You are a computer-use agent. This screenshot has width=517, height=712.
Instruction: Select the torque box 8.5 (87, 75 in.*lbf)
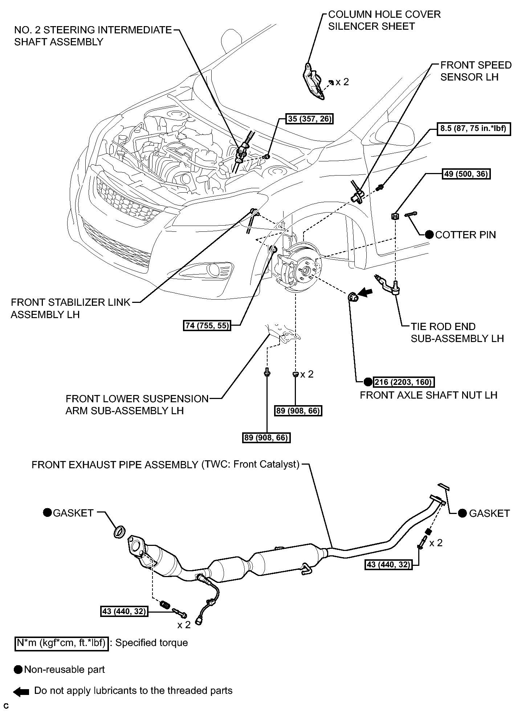[x=473, y=129]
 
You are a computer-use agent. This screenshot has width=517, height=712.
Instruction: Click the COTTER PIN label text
[x=465, y=235]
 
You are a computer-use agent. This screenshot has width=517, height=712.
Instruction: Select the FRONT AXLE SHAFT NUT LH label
[x=428, y=395]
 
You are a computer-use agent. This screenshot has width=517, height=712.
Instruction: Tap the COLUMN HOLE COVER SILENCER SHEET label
[x=384, y=20]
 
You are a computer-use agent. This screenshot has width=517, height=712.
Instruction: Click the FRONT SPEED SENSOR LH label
[x=476, y=71]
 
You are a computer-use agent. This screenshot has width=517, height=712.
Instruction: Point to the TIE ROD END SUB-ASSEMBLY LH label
[x=457, y=333]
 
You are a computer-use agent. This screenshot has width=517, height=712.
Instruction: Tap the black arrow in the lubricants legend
[x=21, y=692]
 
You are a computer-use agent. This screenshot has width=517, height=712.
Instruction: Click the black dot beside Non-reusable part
[x=19, y=670]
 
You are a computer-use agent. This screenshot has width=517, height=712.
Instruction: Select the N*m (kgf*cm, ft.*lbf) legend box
[x=61, y=643]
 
